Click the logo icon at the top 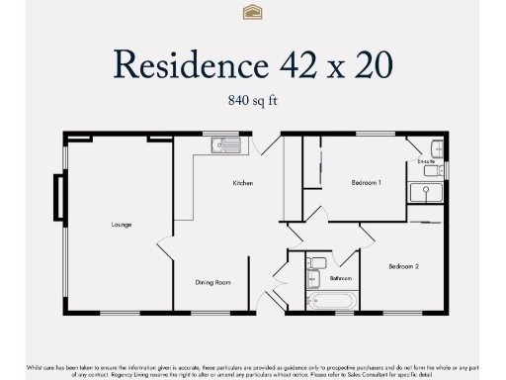[x=252, y=12]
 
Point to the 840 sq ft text [x=252, y=100]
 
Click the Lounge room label [x=121, y=225]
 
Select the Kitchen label [x=243, y=183]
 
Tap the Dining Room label [x=214, y=283]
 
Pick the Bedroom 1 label [x=367, y=183]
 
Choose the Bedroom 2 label [x=403, y=266]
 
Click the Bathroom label [x=341, y=278]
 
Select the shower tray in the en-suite [x=428, y=191]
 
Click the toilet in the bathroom [x=316, y=264]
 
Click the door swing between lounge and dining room [x=165, y=253]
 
